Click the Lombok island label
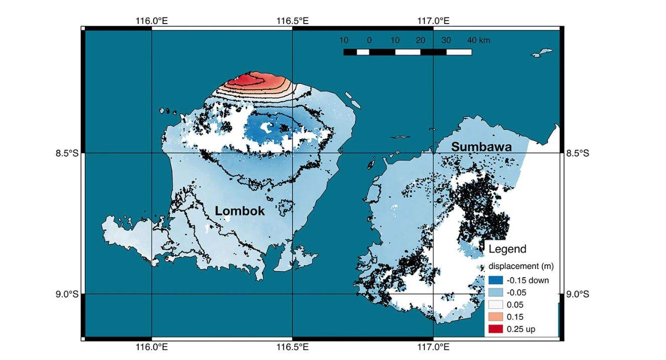coord(240,211)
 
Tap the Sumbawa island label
coord(481,147)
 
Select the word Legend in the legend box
coord(507,249)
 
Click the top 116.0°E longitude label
coord(151,21)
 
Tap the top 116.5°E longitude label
coord(292,21)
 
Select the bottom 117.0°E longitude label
coord(433,347)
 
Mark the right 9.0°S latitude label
coord(578,294)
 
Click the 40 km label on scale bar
coord(479,40)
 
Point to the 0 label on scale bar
coord(369,40)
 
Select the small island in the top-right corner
coord(542,52)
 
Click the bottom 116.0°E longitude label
coord(151,347)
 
